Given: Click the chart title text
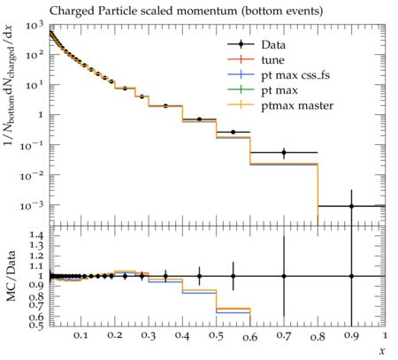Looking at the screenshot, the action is click(x=186, y=11).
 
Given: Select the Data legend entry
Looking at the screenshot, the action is click(x=256, y=44).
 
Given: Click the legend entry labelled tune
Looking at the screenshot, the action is click(x=256, y=60).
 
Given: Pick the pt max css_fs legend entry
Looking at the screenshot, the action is click(x=279, y=75).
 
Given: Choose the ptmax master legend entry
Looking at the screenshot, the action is click(x=280, y=105).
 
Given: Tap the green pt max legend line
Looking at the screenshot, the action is click(x=241, y=90).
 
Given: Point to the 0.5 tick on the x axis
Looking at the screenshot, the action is click(x=216, y=335).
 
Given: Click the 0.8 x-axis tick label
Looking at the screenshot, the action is click(x=318, y=336).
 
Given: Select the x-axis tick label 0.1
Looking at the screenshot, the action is click(x=80, y=335).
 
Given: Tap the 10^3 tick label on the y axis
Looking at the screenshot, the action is click(x=34, y=26).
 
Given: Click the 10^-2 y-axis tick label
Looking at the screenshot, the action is click(x=31, y=175).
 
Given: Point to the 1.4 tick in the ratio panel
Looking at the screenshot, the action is click(x=36, y=235).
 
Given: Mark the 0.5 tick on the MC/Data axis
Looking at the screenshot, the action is click(x=36, y=325).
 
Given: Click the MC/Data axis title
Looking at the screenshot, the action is click(x=11, y=276).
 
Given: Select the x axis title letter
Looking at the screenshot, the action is click(x=382, y=351).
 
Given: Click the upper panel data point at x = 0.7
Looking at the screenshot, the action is click(x=284, y=152).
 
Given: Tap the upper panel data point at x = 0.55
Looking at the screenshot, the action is click(x=233, y=132).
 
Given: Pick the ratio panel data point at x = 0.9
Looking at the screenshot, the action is click(x=351, y=276).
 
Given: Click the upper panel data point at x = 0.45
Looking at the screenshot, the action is click(x=199, y=119).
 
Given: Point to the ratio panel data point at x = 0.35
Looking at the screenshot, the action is click(x=165, y=276).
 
